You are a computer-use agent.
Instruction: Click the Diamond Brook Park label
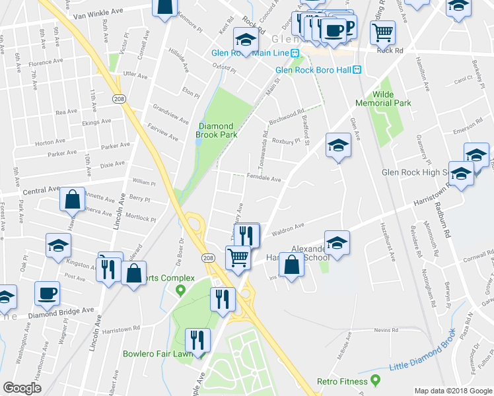click(215, 129)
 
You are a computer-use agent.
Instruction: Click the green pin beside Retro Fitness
click(376, 380)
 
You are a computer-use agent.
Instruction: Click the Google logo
click(22, 388)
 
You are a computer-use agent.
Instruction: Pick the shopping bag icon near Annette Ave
click(72, 199)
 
